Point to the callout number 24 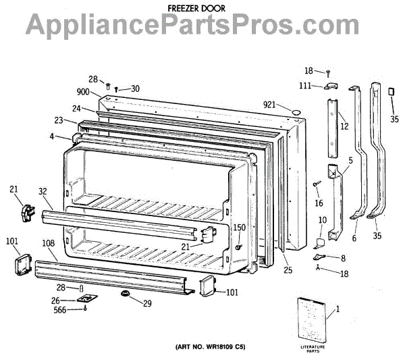click(x=77, y=108)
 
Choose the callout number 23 click(x=59, y=120)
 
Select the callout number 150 click(x=239, y=228)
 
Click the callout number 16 click(x=319, y=203)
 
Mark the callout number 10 click(x=322, y=220)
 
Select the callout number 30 click(x=135, y=88)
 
